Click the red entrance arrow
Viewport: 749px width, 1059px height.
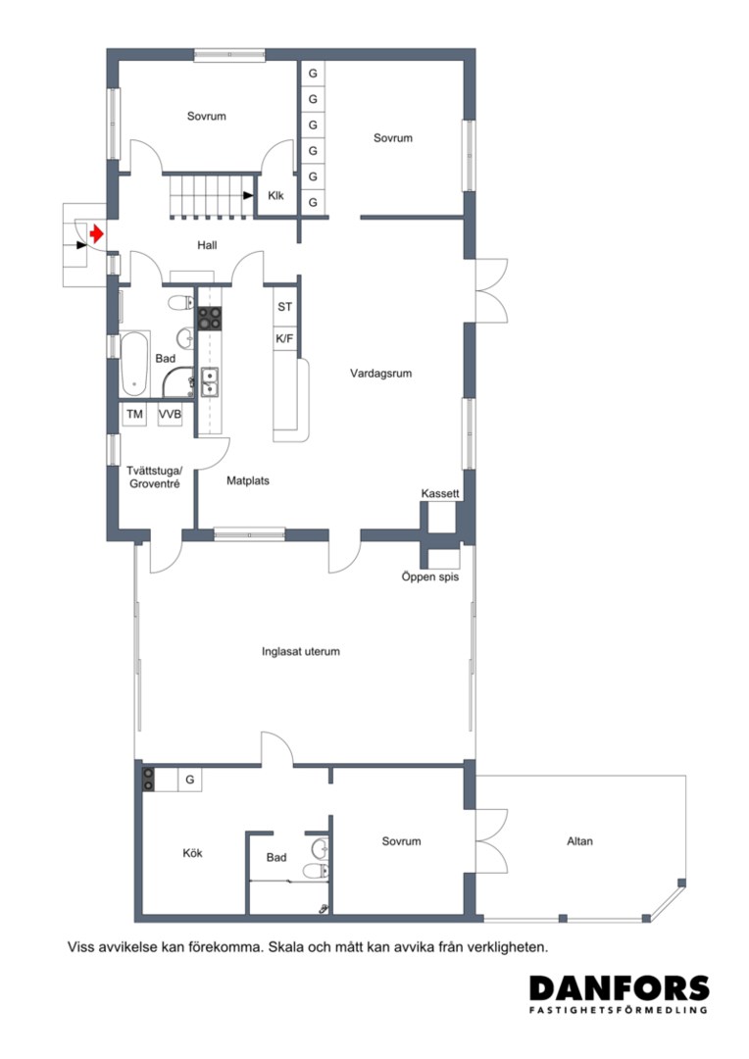coord(97,233)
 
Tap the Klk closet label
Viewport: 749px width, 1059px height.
coord(275,196)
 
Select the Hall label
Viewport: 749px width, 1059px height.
coord(207,245)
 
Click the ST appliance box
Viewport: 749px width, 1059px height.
coord(285,307)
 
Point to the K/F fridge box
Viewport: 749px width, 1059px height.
coord(285,338)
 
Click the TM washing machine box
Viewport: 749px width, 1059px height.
coord(135,414)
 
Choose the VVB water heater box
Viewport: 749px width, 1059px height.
coord(170,414)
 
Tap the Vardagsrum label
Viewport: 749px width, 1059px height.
coord(381,373)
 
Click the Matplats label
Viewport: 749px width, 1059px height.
coord(248,480)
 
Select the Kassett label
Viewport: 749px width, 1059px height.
coord(440,493)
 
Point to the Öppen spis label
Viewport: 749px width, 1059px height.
coord(430,577)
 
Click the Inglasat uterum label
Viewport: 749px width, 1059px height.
coord(301,652)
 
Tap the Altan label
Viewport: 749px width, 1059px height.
coord(580,841)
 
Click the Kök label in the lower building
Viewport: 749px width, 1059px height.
coord(192,853)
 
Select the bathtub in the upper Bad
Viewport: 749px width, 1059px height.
coord(134,364)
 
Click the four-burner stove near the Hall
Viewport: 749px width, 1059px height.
coord(210,318)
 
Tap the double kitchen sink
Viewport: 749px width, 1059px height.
coord(210,381)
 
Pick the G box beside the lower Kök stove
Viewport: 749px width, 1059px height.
coord(190,780)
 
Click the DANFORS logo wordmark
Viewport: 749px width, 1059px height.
coord(620,988)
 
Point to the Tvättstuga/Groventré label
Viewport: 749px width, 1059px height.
coord(154,477)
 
